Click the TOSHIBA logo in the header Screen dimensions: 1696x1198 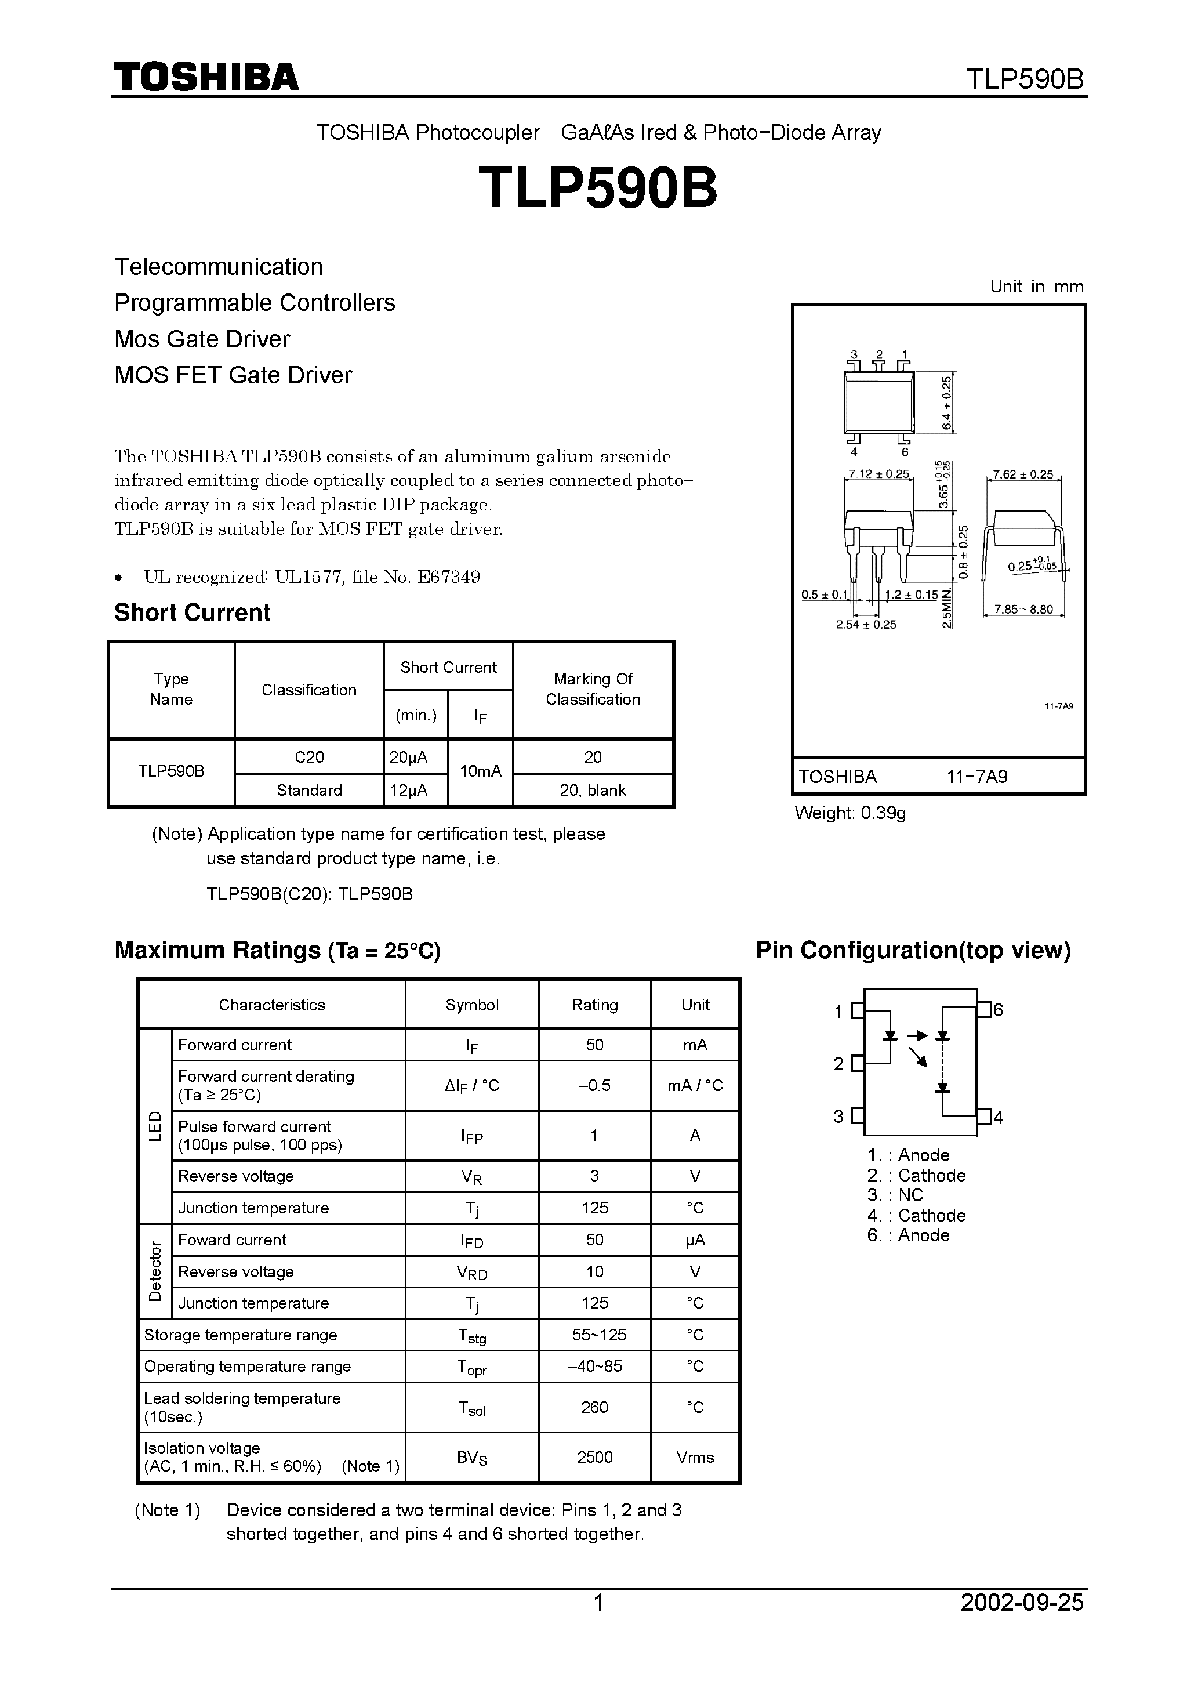tap(206, 77)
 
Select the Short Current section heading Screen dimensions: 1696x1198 tap(192, 613)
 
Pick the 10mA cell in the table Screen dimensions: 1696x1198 tap(480, 771)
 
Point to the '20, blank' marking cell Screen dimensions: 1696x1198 tap(593, 791)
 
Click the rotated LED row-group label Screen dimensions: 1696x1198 tap(155, 1126)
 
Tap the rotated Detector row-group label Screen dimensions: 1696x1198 tap(155, 1271)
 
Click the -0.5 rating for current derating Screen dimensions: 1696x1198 tap(594, 1085)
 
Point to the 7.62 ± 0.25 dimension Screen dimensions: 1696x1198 tap(1023, 474)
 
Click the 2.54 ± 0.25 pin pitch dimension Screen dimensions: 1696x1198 tap(866, 624)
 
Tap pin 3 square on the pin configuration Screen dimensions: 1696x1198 tap(858, 1116)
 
